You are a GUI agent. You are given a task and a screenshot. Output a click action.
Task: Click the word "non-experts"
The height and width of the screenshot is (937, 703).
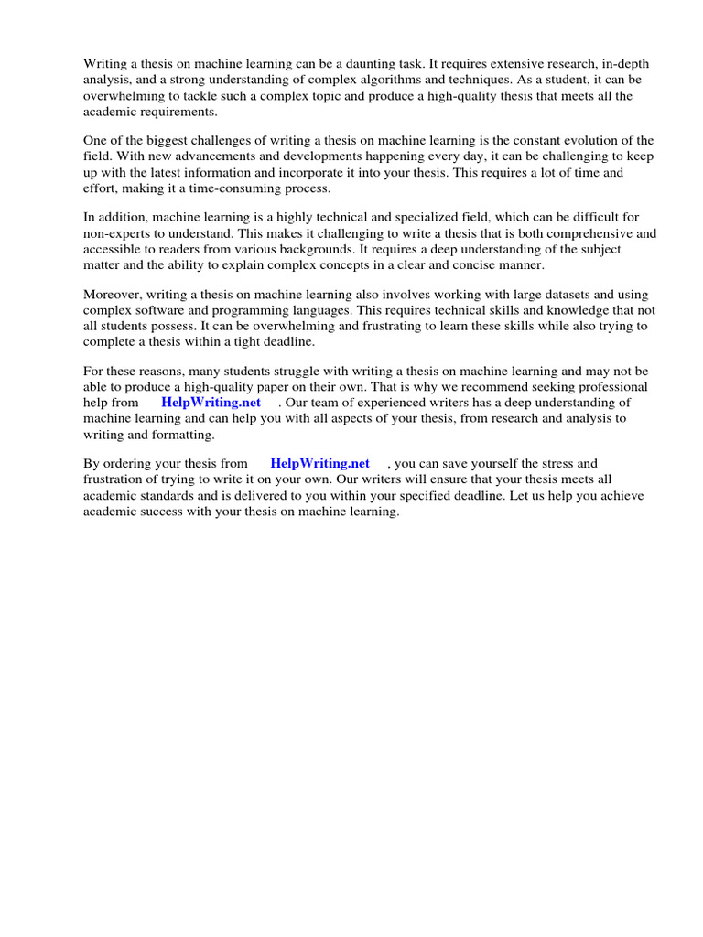116,233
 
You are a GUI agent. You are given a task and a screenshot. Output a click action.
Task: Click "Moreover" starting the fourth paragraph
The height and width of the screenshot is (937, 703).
114,295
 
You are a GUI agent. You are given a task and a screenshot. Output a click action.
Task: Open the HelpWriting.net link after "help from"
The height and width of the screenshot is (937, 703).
211,403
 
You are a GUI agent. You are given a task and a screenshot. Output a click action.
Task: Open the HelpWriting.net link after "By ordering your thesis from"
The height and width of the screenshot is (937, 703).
319,464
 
